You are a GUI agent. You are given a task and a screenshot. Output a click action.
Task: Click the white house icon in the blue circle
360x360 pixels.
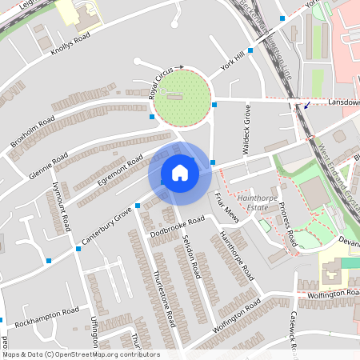180,173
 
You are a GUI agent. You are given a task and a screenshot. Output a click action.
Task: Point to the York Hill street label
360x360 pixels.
232,61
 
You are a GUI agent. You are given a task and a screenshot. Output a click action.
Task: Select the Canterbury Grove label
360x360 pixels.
106,227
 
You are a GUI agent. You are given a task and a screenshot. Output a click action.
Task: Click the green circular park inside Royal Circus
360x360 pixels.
182,98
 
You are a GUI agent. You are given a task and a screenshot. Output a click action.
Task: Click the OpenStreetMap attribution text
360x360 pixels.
80,354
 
